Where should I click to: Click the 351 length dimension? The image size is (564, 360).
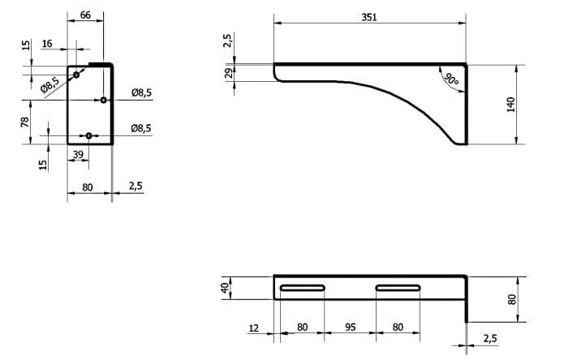371,17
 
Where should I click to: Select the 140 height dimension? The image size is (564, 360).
511,105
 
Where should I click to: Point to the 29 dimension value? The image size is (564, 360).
229,73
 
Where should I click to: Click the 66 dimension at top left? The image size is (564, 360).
85,16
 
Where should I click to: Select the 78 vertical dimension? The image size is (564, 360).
25,122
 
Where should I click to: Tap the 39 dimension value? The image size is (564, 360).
78,153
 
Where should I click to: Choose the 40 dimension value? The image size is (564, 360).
226,287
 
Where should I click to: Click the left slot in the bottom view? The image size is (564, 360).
303,288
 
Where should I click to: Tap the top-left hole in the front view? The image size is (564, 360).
76,75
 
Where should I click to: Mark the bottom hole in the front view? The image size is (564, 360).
89,135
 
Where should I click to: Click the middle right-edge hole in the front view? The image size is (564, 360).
103,101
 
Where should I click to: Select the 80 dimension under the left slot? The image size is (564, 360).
302,328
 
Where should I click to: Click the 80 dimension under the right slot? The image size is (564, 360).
397,328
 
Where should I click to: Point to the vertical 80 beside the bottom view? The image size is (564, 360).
511,298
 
